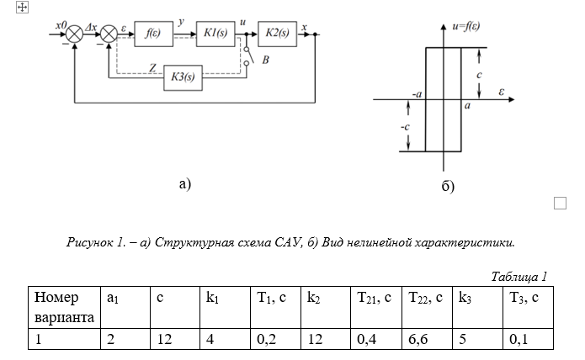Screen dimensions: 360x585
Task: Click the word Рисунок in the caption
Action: (x=88, y=242)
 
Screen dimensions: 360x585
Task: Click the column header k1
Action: (x=210, y=297)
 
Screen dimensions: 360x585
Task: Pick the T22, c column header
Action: (x=424, y=297)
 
